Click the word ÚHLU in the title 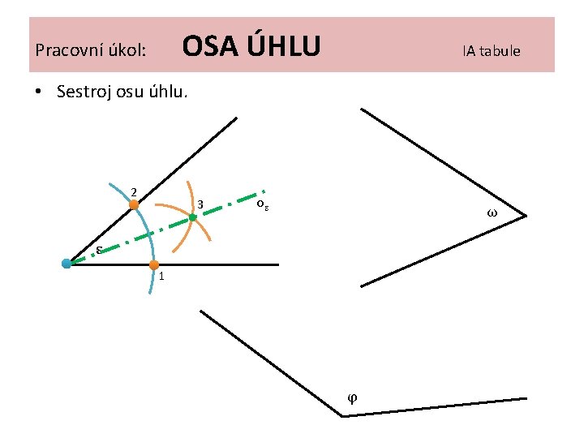[x=283, y=45]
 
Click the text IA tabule [x=492, y=50]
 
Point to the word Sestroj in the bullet [x=85, y=91]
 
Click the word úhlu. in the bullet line [x=170, y=91]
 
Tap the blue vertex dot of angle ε [x=67, y=263]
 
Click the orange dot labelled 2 [x=134, y=205]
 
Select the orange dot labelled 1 [x=153, y=264]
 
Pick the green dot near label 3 [x=193, y=217]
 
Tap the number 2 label [x=133, y=192]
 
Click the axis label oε [x=262, y=204]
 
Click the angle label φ [x=351, y=397]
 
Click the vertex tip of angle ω [x=526, y=216]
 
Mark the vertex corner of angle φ [x=342, y=416]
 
